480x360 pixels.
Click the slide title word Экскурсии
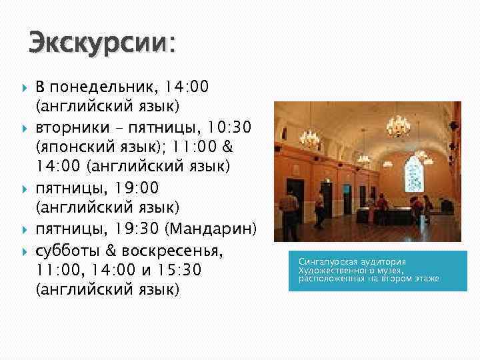click(x=99, y=43)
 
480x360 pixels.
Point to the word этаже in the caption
click(x=425, y=278)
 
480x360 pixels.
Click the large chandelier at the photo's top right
click(x=399, y=125)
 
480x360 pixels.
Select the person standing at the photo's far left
click(x=283, y=199)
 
